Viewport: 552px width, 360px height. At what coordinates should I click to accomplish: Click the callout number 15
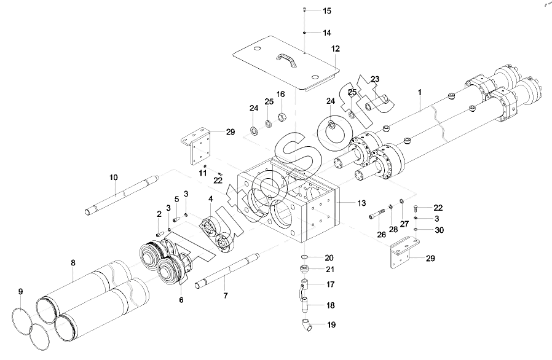[327, 11]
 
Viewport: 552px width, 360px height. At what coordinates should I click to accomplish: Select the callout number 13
[361, 203]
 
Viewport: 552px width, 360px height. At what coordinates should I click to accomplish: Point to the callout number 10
[113, 178]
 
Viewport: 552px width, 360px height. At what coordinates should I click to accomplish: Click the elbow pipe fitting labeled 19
[306, 324]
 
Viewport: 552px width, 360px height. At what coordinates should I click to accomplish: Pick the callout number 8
[73, 263]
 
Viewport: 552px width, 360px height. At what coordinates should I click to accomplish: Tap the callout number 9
[21, 291]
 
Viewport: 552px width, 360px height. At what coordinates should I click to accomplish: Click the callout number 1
[420, 92]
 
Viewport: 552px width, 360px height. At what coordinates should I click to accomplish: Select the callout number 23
[376, 79]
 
